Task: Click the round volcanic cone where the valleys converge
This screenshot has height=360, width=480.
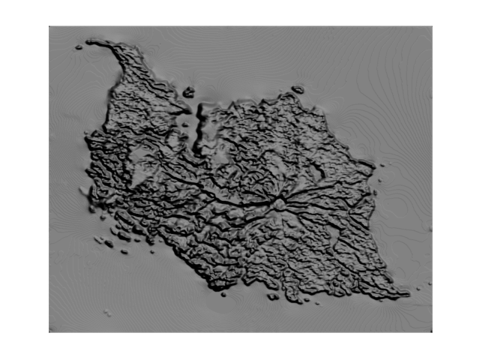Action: (x=279, y=203)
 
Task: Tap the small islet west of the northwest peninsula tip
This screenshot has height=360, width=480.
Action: (x=78, y=47)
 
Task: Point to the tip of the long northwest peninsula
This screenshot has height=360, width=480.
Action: (x=90, y=42)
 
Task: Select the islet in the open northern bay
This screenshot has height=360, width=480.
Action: (x=188, y=92)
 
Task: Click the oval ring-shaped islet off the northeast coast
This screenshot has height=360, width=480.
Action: (x=298, y=90)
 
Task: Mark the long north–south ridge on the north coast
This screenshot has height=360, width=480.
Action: (x=200, y=127)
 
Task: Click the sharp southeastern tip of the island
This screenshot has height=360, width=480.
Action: (x=408, y=294)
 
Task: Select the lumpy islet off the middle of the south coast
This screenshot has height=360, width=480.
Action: (x=273, y=296)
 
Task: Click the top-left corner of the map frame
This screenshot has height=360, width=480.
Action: (x=49, y=27)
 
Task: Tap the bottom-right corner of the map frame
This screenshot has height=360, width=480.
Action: (x=432, y=332)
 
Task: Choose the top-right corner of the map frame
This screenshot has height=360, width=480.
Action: (x=432, y=27)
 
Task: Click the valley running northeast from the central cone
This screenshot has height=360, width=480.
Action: (x=307, y=184)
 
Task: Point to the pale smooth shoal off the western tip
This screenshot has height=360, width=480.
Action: (x=84, y=192)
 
